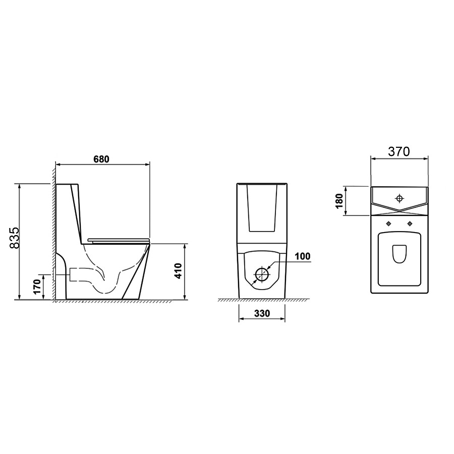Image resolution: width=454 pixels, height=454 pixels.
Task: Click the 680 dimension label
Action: [x=101, y=159]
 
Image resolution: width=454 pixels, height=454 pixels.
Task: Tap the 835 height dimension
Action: [x=14, y=238]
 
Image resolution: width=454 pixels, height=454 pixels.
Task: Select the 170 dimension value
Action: [x=37, y=287]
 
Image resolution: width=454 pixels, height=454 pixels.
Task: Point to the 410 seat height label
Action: [x=179, y=271]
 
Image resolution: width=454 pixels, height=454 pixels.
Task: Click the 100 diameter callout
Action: [x=303, y=256]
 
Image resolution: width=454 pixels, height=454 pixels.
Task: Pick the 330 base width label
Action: [x=262, y=313]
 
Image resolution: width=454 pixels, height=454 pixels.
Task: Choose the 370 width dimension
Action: [x=399, y=151]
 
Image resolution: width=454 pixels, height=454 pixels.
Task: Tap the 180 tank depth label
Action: [x=339, y=201]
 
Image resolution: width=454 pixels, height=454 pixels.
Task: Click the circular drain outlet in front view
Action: [x=262, y=274]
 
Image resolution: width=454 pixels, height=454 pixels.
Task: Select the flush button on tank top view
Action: [x=400, y=198]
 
